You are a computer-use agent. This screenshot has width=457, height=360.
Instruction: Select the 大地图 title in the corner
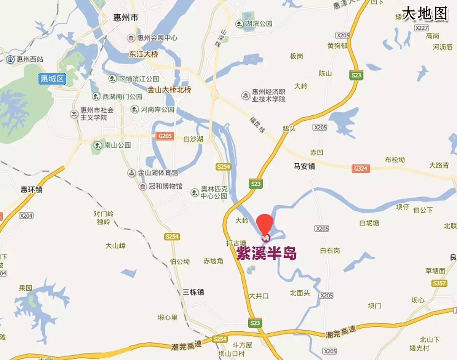click(x=425, y=14)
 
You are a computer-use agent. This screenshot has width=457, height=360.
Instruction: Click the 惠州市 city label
click(x=125, y=18)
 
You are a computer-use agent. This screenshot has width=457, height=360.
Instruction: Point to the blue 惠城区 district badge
click(x=53, y=79)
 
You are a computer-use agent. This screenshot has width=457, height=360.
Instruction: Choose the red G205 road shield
click(x=165, y=136)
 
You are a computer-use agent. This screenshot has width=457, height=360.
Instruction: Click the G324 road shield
click(x=360, y=168)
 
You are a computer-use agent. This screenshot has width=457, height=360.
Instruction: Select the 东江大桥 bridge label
click(x=144, y=54)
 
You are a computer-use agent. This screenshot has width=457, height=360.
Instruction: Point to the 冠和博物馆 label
click(x=160, y=186)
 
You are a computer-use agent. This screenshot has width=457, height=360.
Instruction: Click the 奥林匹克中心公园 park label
click(x=209, y=193)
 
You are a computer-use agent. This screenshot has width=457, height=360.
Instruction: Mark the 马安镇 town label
click(x=304, y=166)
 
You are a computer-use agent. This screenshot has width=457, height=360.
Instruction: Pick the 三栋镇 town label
click(x=193, y=292)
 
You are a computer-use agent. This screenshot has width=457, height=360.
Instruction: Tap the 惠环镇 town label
click(x=31, y=189)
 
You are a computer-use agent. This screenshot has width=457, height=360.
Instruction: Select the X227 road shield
click(x=422, y=28)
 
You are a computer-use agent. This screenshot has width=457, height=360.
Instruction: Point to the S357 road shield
click(x=439, y=283)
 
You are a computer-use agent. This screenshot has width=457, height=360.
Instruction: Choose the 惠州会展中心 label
click(x=152, y=38)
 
